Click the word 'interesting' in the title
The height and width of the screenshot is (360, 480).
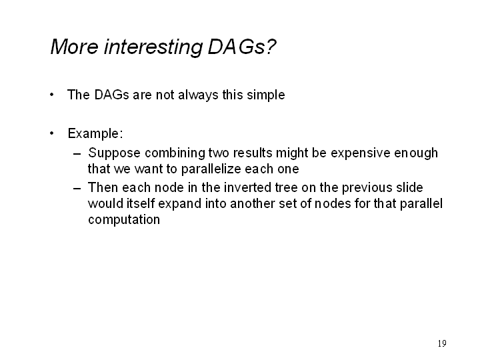click(x=153, y=47)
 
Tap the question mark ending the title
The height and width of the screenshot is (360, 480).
click(x=271, y=47)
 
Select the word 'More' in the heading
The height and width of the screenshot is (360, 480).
click(x=75, y=47)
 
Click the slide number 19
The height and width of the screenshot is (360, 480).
click(x=442, y=343)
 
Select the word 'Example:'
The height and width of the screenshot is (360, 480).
click(x=95, y=134)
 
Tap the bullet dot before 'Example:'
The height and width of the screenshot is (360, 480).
click(x=52, y=133)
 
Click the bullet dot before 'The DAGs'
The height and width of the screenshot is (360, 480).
click(x=52, y=95)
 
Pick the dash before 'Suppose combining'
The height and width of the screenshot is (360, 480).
click(x=77, y=153)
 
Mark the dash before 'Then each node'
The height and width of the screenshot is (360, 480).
click(x=77, y=188)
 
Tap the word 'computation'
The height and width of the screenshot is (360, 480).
click(x=124, y=220)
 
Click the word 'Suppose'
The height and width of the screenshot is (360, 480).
click(x=114, y=153)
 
